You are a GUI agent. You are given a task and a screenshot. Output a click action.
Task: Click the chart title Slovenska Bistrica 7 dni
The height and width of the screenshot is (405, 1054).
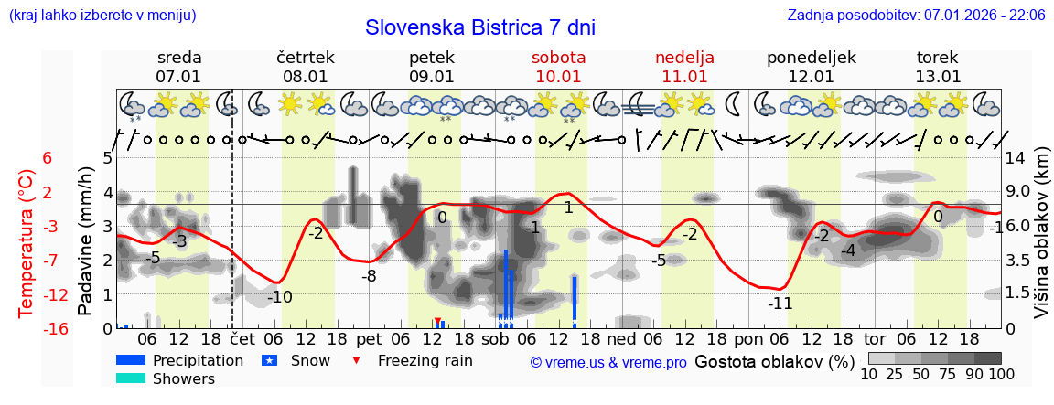pos(479,27)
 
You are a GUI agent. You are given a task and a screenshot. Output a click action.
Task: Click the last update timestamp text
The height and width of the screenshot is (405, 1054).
pos(916,16)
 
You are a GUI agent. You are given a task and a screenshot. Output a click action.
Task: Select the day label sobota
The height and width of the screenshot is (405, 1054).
pos(558,58)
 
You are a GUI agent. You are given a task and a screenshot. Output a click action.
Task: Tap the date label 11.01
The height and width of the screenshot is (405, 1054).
pos(684,77)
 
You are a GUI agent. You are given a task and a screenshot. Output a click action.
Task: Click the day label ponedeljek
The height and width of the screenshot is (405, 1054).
pos(811,58)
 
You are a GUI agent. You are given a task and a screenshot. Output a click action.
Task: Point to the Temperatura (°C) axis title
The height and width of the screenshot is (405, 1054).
pos(27,242)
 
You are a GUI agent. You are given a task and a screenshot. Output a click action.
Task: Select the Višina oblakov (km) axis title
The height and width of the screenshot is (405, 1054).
pos(1041,242)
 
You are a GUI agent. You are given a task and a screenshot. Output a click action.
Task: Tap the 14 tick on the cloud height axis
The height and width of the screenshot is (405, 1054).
pos(1015,157)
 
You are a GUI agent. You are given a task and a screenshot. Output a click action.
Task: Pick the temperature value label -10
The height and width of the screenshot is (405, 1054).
pos(279,297)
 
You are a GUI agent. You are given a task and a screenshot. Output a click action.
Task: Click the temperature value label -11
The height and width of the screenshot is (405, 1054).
pos(780,304)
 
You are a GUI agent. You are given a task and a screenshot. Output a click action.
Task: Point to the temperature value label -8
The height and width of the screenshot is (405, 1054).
pos(369,276)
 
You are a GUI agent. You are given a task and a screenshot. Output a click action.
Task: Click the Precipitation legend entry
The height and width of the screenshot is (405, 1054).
pos(198,360)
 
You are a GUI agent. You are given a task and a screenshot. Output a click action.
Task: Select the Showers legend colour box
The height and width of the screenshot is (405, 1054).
pos(131,378)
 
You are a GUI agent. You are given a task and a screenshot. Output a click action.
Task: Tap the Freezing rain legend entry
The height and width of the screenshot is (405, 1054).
pos(425,360)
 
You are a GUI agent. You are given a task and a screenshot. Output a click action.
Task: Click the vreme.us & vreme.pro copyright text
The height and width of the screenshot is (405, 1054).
pos(608,362)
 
